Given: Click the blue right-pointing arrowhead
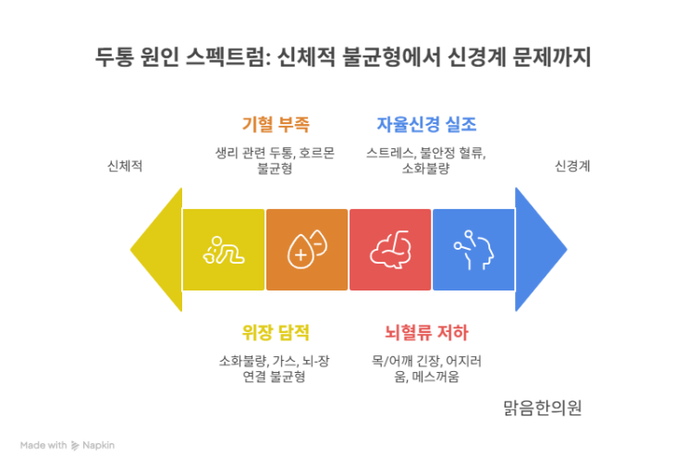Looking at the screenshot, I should click(x=539, y=250).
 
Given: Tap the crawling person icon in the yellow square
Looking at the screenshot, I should click(x=224, y=250).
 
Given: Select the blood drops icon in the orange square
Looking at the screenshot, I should click(x=307, y=250).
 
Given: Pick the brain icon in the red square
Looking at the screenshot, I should click(x=390, y=250).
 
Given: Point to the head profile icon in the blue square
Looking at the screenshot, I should click(x=472, y=250).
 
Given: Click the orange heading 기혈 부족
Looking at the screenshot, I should click(x=275, y=124).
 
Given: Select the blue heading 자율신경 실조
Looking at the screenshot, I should click(x=426, y=124).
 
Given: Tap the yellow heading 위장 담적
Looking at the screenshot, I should click(x=275, y=331).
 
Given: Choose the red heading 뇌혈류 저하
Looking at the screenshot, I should click(x=426, y=331).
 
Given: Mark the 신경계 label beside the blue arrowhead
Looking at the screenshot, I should click(x=571, y=167).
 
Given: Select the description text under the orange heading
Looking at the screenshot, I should click(x=275, y=160).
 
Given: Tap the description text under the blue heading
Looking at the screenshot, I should click(x=426, y=160).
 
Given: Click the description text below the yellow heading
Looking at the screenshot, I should click(x=275, y=367).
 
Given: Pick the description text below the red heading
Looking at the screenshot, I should click(x=426, y=367).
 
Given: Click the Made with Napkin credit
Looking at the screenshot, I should click(x=67, y=445).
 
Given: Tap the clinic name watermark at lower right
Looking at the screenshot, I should click(x=543, y=407).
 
